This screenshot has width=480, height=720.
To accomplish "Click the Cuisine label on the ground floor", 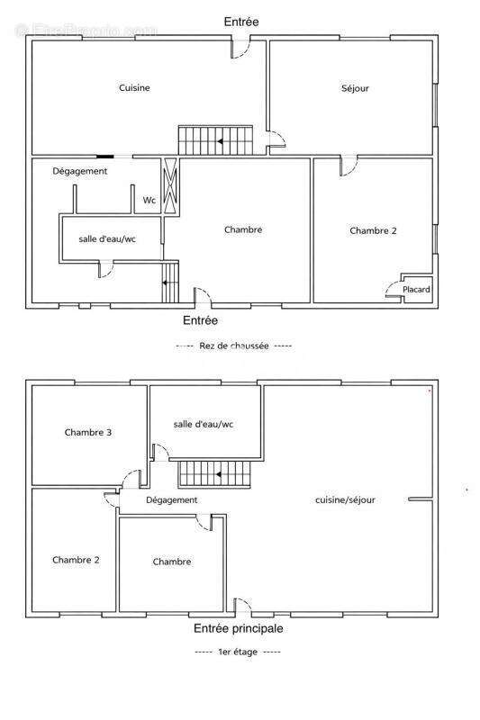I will pyautogui.click(x=134, y=87).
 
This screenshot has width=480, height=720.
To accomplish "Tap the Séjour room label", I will pyautogui.click(x=355, y=88).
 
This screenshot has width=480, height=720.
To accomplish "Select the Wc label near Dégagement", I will pyautogui.click(x=149, y=201).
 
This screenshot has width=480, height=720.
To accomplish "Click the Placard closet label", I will pyautogui.click(x=416, y=289).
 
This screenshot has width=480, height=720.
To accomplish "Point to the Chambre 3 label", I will pyautogui.click(x=88, y=432).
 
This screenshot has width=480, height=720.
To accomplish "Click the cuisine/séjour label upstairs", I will pyautogui.click(x=345, y=499).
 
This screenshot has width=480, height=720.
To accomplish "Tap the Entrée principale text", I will pyautogui.click(x=239, y=628).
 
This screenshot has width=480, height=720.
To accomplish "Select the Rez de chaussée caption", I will pyautogui.click(x=234, y=345).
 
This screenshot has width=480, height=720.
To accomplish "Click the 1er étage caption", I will pyautogui.click(x=238, y=652).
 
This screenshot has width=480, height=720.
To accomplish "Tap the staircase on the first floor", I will pyautogui.click(x=211, y=473).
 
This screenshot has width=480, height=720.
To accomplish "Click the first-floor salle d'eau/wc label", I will pyautogui.click(x=204, y=424).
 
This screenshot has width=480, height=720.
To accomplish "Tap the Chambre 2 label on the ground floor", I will pyautogui.click(x=373, y=230).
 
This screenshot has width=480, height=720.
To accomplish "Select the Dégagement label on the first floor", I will pyautogui.click(x=171, y=499).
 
